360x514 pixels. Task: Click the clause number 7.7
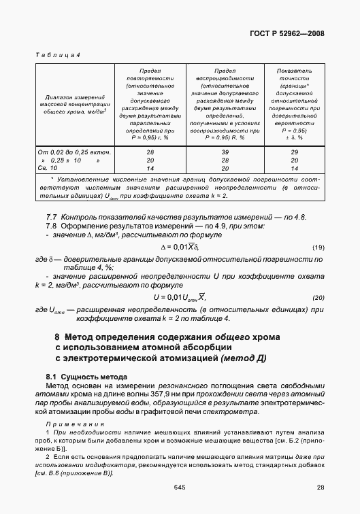50,216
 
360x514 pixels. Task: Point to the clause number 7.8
50,225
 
